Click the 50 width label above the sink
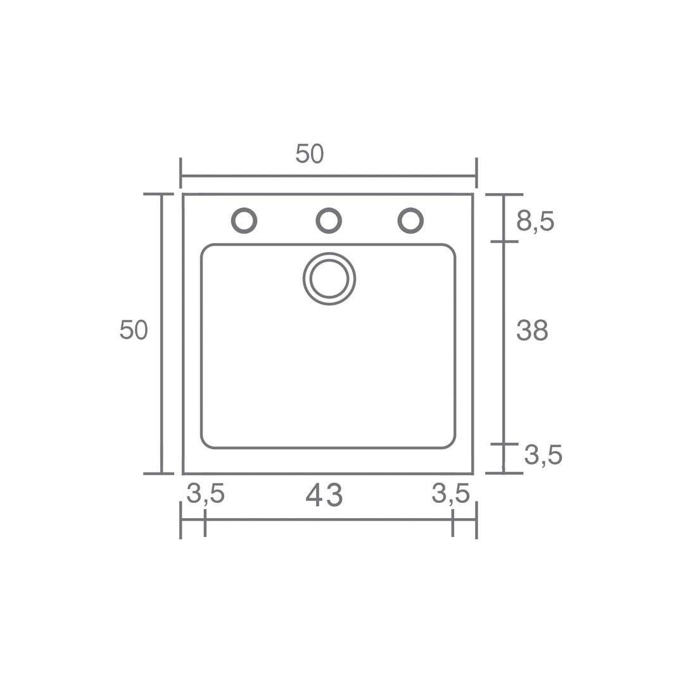tap(309, 153)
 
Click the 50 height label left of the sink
tap(134, 330)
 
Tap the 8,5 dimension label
tap(535, 222)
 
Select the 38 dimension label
tap(532, 331)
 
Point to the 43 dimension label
tap(324, 495)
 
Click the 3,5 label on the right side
tap(543, 455)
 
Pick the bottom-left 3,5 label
tap(205, 494)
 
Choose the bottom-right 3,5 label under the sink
tap(451, 494)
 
